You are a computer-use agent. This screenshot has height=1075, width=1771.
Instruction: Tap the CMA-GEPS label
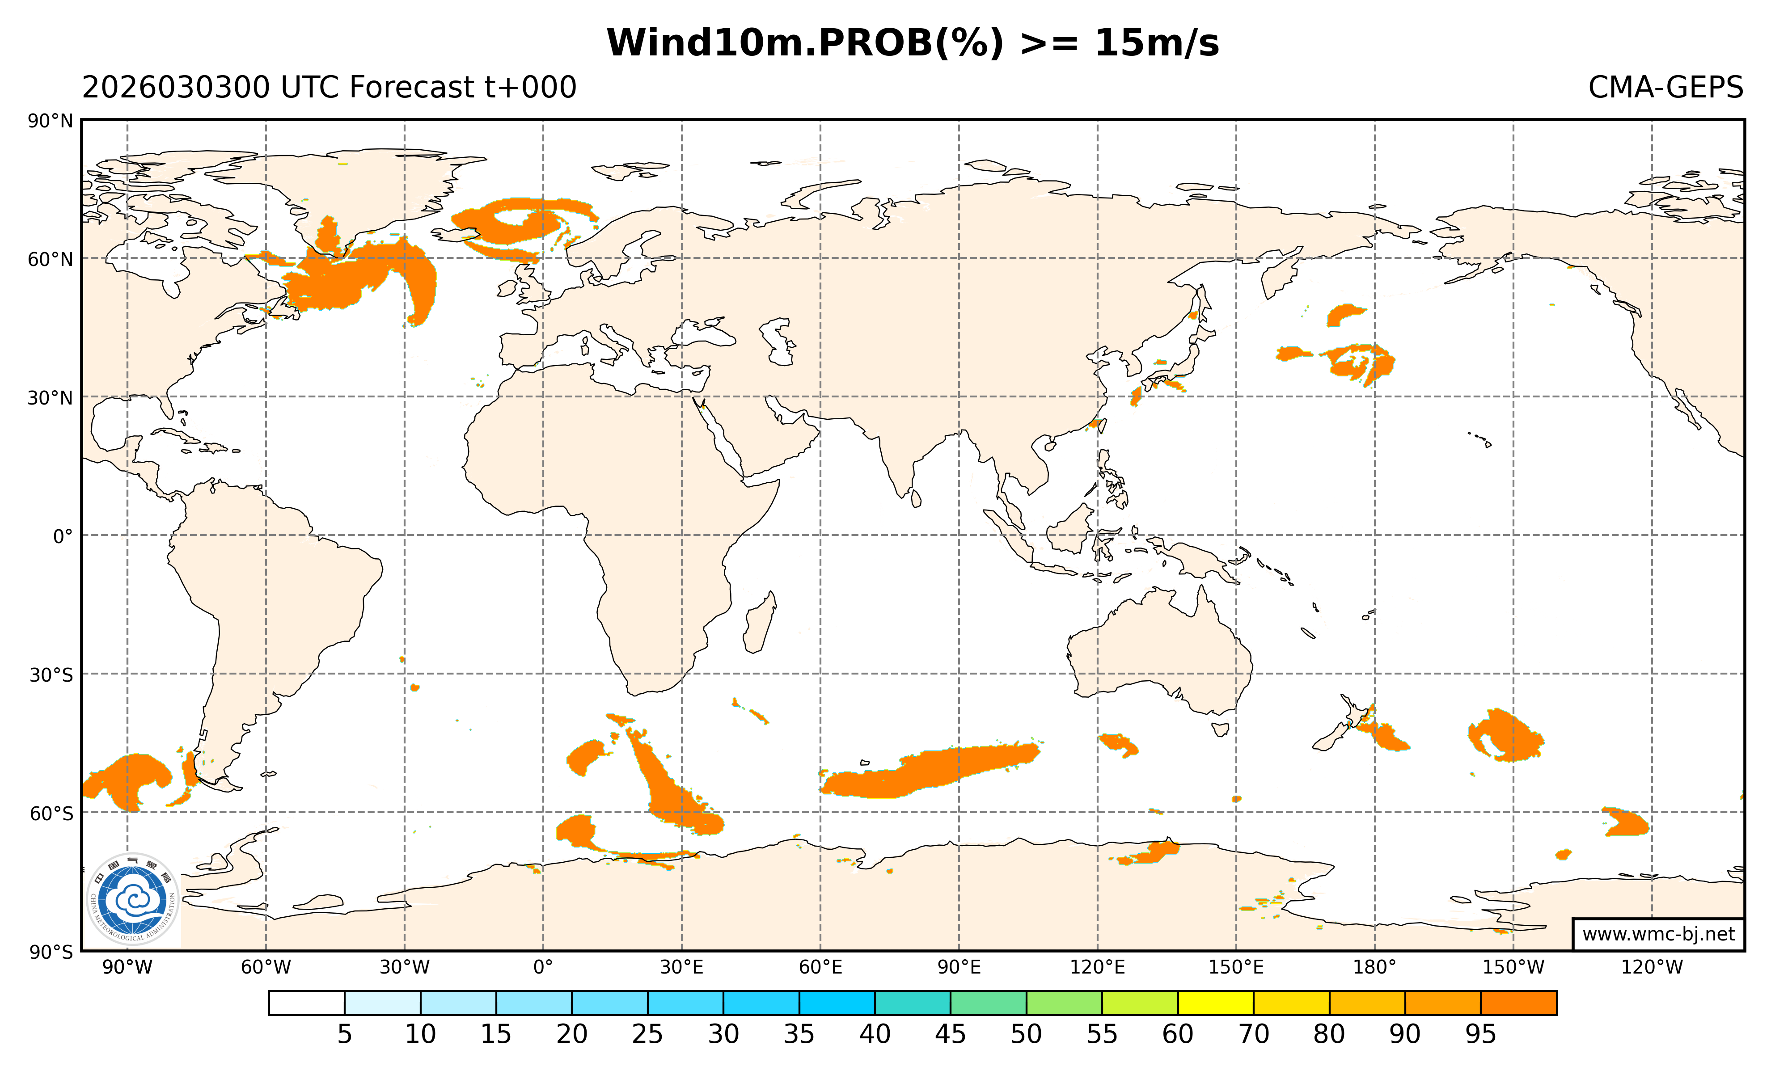1665,88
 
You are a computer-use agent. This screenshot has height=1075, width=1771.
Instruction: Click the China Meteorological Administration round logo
132,899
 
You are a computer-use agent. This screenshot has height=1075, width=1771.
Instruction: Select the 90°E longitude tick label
959,967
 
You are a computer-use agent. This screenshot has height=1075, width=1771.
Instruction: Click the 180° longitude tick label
1374,967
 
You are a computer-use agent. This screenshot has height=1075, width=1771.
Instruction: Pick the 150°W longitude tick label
1513,967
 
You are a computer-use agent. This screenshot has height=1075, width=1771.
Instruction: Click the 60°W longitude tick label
266,967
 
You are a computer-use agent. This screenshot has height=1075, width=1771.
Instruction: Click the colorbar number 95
1480,1034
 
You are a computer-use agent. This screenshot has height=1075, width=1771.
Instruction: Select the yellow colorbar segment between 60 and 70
1215,1003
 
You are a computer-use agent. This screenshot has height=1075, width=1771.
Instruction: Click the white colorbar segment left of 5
306,1003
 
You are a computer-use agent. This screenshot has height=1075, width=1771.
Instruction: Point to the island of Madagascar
760,624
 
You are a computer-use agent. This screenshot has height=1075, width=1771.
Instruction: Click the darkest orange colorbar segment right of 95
1518,1003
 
